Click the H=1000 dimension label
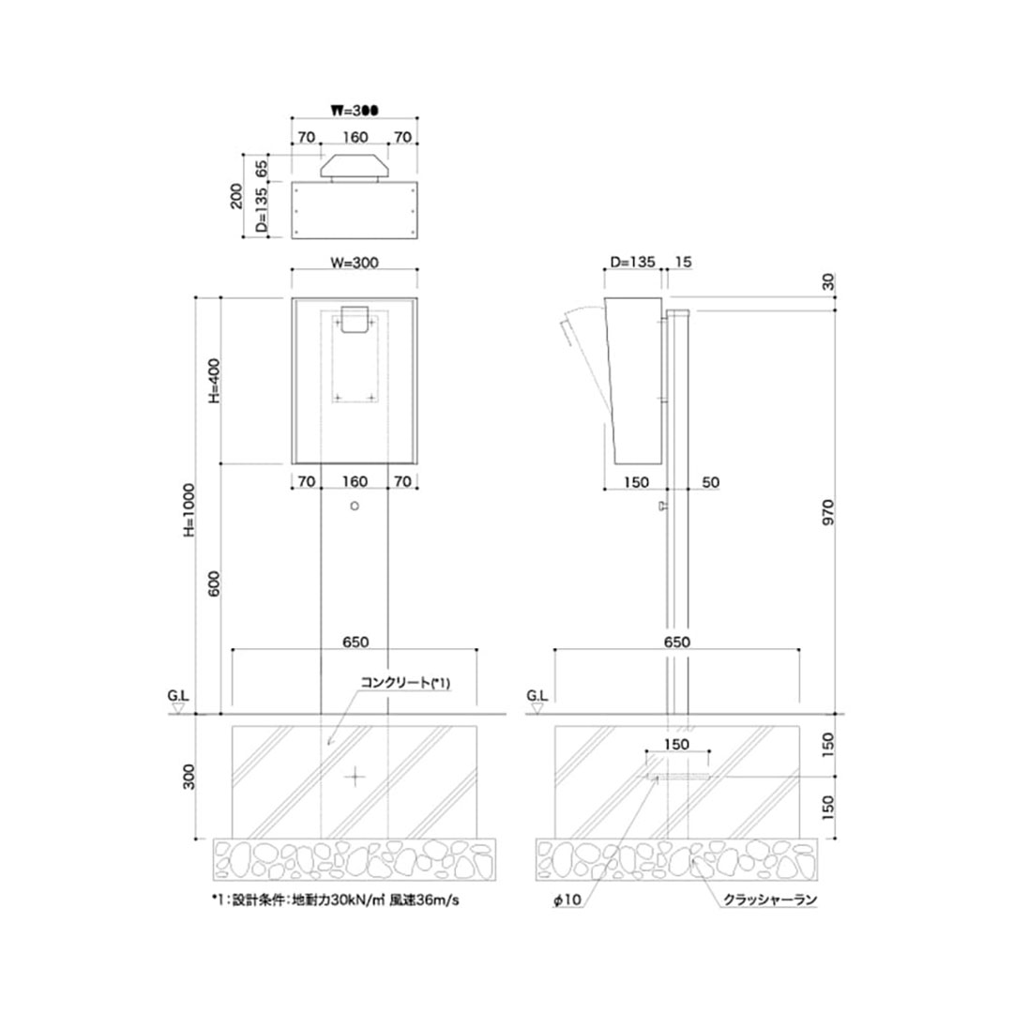pos(189,511)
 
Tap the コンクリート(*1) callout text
pos(406,683)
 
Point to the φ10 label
pos(567,900)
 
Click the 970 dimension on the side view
pos(827,514)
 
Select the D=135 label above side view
pos(631,264)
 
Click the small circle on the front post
pos(354,506)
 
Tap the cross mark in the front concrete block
pos(355,775)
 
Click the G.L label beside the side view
pos(537,697)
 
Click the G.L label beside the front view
pos(178,697)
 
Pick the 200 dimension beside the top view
pos(236,196)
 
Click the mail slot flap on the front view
pos(355,320)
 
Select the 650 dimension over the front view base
pos(355,643)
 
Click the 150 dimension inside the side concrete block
pos(678,744)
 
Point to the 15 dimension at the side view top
pos(683,264)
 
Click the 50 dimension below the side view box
pos(710,482)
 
